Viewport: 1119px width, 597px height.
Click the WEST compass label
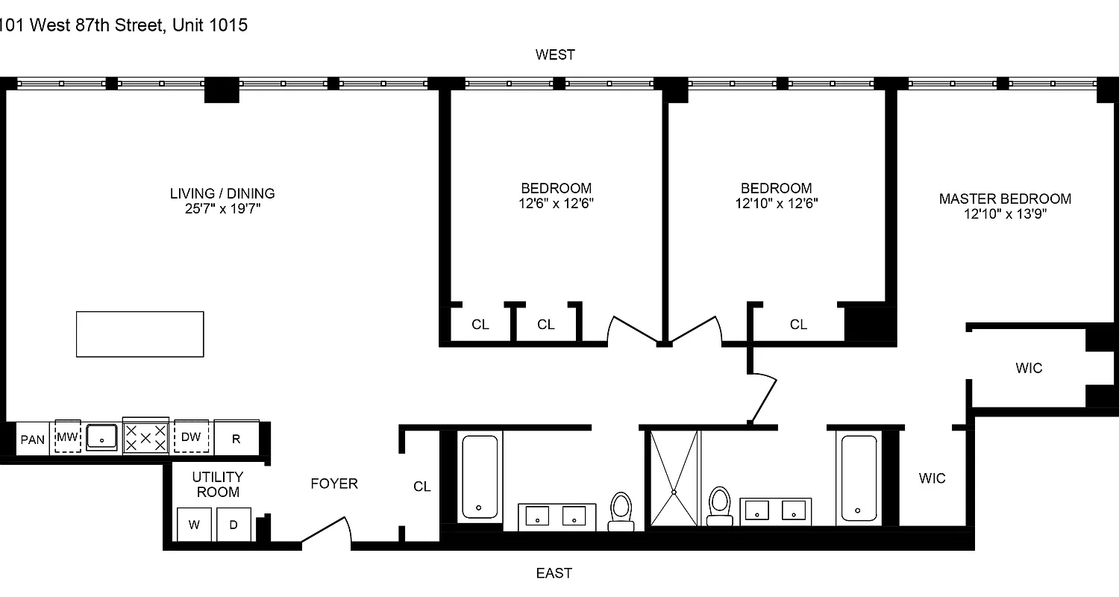coord(555,54)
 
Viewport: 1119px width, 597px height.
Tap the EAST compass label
coord(554,573)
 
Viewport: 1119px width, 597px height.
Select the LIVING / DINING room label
coord(222,193)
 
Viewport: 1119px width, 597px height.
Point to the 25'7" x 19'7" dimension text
coord(222,209)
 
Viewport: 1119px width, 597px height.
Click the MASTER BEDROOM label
coord(1005,199)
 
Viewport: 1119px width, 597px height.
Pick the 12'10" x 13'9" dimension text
coord(1005,214)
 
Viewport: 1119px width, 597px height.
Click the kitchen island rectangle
coord(140,334)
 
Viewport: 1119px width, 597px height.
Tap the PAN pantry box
coord(32,439)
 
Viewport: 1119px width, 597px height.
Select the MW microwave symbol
coord(68,437)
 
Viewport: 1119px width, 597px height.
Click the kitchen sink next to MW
coord(101,437)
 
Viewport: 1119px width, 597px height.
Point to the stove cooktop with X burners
coord(145,437)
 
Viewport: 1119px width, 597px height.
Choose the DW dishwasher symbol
coord(191,437)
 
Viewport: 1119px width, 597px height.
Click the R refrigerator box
coord(236,439)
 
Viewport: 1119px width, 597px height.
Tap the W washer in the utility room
coord(195,525)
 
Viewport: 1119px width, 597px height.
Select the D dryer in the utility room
coord(233,525)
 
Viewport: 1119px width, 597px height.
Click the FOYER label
coord(334,484)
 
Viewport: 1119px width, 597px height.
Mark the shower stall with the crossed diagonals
coord(674,478)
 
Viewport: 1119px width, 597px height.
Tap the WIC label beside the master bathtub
coord(932,478)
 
